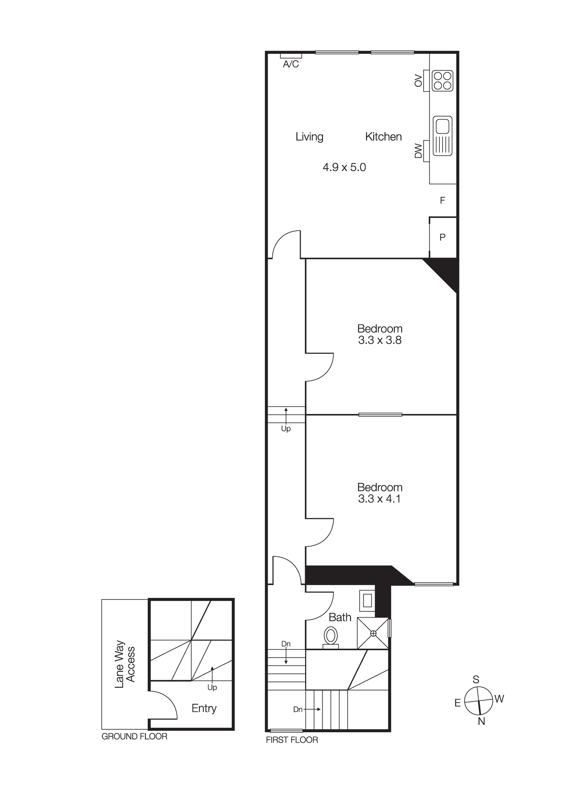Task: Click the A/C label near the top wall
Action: (291, 64)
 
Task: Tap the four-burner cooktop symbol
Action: (442, 81)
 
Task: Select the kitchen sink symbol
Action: (442, 136)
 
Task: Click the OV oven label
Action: (418, 80)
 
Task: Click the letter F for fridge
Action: (442, 201)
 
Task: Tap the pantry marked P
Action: (442, 238)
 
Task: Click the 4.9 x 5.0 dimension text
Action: (344, 167)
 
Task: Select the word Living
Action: (309, 137)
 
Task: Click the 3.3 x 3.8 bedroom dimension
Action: (380, 340)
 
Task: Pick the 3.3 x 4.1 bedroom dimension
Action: (379, 499)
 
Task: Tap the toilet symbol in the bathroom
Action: (331, 636)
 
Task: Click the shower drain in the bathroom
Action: (373, 633)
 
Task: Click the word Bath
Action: (340, 617)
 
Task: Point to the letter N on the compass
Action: (481, 721)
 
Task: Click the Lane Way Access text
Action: (125, 664)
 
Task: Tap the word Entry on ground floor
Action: (204, 708)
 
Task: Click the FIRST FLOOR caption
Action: (292, 740)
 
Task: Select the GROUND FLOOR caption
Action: (134, 736)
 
